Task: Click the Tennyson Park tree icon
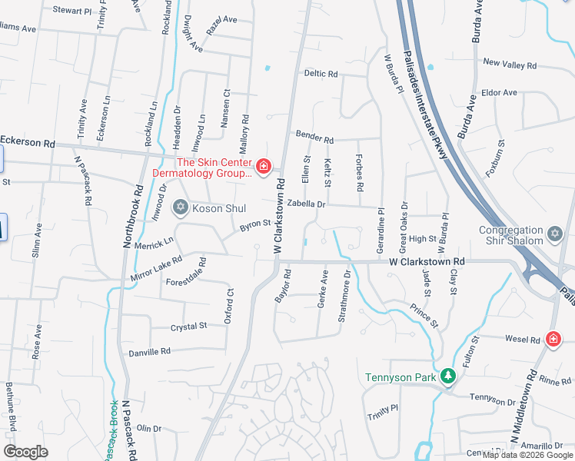[447, 376]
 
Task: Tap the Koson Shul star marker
[181, 207]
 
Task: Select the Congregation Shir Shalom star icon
[555, 232]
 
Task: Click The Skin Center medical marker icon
[264, 167]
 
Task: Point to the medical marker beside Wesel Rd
[553, 338]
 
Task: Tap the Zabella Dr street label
[307, 205]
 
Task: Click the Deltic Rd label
[321, 74]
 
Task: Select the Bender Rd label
[315, 140]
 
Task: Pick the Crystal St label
[189, 327]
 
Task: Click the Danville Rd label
[149, 351]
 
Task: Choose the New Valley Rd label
[509, 62]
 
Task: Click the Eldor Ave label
[499, 92]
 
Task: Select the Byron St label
[255, 224]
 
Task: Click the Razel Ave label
[221, 25]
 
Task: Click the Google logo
[25, 452]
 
